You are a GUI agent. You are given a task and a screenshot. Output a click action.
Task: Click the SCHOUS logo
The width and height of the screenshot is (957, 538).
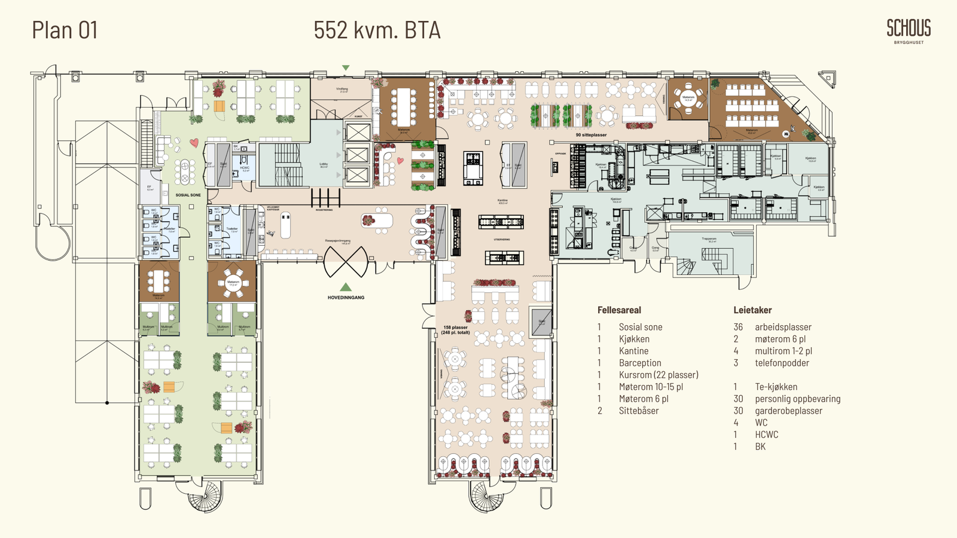(909, 30)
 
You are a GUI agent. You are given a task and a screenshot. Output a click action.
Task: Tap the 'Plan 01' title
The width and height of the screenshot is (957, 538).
(65, 30)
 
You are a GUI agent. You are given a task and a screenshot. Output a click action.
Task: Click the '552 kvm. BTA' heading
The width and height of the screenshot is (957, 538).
(377, 30)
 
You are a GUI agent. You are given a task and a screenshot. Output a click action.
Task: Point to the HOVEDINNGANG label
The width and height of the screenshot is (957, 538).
(346, 297)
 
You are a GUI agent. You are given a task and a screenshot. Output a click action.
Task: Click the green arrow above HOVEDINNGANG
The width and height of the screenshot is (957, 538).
(346, 287)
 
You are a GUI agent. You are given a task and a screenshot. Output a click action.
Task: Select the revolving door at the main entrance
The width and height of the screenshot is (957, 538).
(345, 261)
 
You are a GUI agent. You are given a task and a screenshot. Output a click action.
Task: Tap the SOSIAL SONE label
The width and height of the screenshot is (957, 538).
(188, 195)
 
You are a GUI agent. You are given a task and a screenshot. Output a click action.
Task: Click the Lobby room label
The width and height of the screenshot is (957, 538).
(324, 165)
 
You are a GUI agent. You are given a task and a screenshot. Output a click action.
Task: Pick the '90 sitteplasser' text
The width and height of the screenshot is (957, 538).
(591, 135)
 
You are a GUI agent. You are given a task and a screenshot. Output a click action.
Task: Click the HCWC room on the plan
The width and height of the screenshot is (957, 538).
(245, 168)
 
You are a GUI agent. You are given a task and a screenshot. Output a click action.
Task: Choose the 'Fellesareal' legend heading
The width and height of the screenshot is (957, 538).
(619, 310)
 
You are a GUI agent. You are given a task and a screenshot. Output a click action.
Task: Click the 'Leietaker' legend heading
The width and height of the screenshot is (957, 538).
(752, 310)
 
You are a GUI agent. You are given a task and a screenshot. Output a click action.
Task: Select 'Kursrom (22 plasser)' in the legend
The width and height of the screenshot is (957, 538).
(659, 375)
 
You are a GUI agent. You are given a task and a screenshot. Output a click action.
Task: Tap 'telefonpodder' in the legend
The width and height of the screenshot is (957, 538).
(782, 363)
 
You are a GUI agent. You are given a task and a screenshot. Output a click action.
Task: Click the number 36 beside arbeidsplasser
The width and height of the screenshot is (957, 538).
(738, 327)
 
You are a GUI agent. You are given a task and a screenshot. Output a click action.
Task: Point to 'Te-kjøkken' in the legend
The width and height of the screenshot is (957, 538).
(776, 387)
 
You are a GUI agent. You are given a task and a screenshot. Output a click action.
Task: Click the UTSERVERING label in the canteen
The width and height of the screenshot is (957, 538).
(502, 240)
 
